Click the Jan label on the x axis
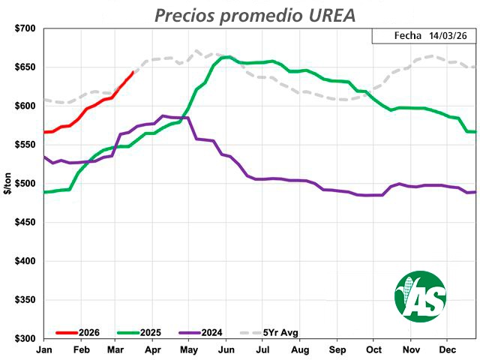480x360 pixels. tap(43, 350)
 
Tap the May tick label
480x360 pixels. tap(189, 350)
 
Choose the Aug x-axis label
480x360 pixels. tap(299, 350)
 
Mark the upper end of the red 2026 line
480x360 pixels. tap(133, 72)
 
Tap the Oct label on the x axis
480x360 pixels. tap(373, 350)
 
